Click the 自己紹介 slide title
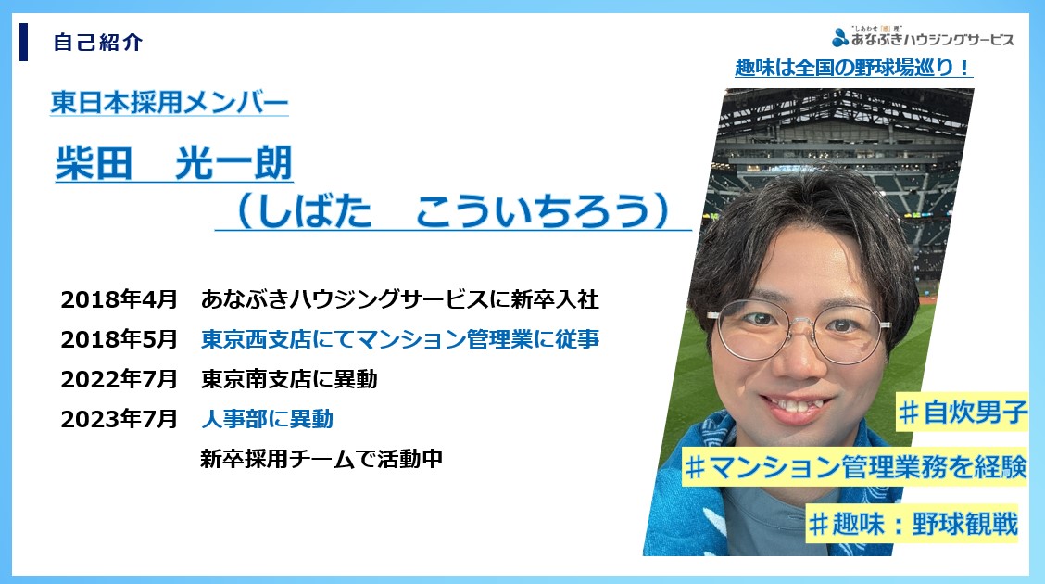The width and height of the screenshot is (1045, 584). (x=98, y=43)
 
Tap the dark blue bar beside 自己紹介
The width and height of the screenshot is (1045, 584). (x=23, y=42)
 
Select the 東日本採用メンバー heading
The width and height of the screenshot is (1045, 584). (x=170, y=103)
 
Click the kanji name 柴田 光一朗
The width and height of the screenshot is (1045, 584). (x=174, y=163)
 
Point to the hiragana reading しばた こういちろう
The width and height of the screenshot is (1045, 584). (x=453, y=210)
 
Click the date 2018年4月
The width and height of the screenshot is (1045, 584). (x=120, y=299)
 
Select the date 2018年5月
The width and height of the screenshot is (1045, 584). (x=120, y=339)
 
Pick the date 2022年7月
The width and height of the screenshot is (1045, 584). (x=120, y=379)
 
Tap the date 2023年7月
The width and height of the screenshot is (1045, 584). (x=120, y=419)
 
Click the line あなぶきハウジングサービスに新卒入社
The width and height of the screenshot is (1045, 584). (x=400, y=299)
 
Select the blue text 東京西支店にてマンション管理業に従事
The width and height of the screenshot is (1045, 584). (x=400, y=339)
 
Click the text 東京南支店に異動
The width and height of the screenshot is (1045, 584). (x=289, y=379)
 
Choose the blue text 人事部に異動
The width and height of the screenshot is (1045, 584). (x=267, y=419)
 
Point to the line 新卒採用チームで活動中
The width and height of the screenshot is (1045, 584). (x=321, y=459)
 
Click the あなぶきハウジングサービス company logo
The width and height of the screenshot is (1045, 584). (x=923, y=37)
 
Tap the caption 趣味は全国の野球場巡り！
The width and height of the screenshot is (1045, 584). (x=854, y=68)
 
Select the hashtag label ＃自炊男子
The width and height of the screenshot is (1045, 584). (x=963, y=412)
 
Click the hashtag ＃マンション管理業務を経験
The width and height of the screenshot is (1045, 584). (x=856, y=466)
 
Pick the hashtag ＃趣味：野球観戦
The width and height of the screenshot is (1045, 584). (x=913, y=524)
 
